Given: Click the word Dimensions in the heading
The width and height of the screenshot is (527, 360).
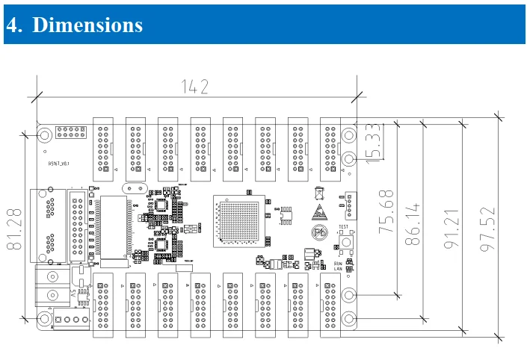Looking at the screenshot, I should click(x=87, y=25).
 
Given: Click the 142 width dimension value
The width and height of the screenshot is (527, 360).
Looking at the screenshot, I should click(x=194, y=87).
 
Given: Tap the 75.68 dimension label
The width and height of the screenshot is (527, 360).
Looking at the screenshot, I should click(x=386, y=212).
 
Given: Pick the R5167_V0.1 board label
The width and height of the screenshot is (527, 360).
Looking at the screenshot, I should click(x=59, y=164).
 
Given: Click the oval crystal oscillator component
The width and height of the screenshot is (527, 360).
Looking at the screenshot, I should click(x=135, y=189).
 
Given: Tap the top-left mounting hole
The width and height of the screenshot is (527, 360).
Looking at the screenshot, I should click(x=45, y=135).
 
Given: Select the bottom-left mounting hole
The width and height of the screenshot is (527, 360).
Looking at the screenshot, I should click(x=45, y=320).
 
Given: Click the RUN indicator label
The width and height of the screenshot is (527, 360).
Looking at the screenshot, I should click(x=338, y=263).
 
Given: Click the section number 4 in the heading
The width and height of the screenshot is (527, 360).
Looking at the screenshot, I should click(x=12, y=25).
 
